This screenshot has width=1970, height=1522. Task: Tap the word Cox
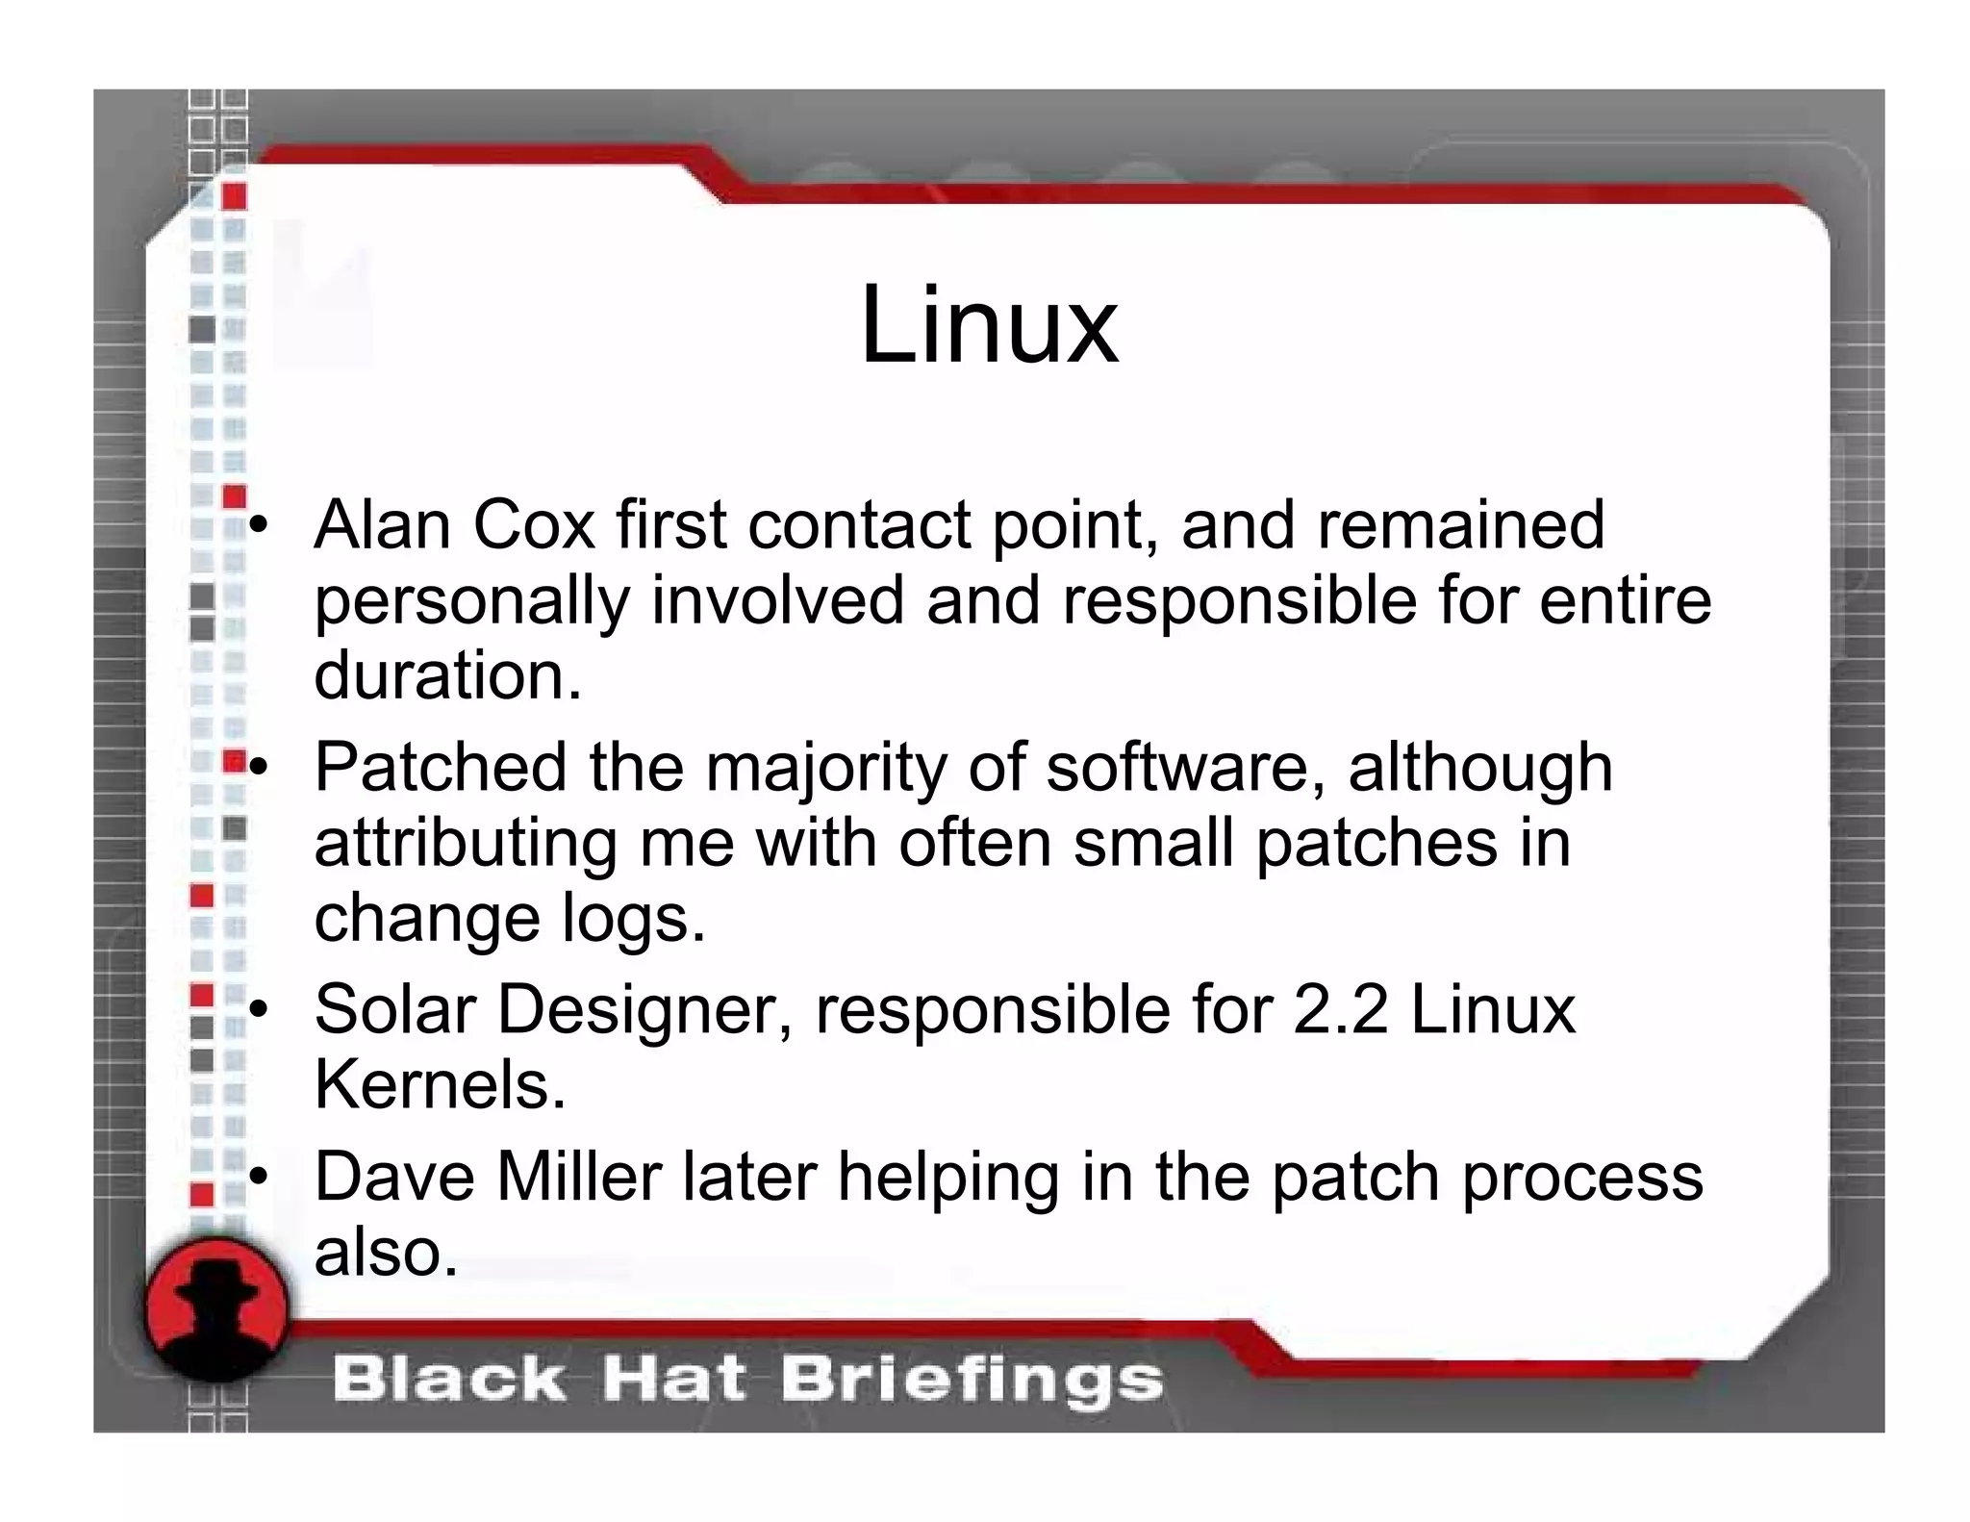tap(534, 525)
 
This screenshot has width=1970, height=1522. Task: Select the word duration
tap(447, 675)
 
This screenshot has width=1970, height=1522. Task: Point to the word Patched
tap(441, 768)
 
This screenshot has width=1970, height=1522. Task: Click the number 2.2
tap(1341, 1010)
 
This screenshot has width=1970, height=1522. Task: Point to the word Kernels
tap(440, 1085)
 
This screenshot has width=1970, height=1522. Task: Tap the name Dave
tap(394, 1177)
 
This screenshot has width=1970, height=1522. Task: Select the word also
tap(386, 1253)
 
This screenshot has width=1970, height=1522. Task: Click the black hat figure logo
tap(217, 1309)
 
